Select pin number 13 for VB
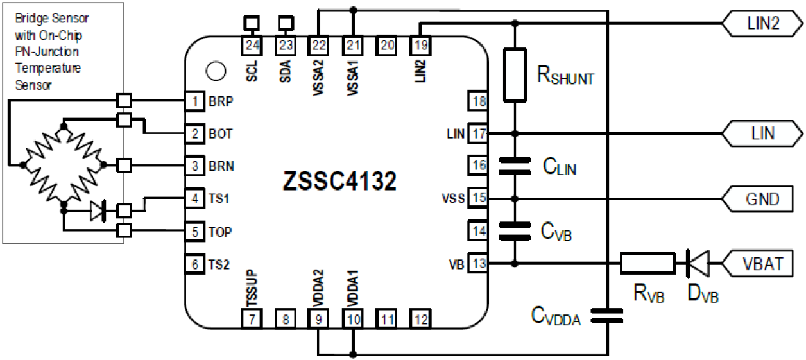click(x=478, y=262)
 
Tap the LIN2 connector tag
click(x=763, y=24)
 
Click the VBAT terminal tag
click(x=763, y=263)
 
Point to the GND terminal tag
click(x=763, y=198)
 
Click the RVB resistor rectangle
click(x=647, y=262)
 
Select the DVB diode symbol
click(x=698, y=262)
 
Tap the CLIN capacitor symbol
click(x=515, y=166)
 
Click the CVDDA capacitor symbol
click(x=607, y=314)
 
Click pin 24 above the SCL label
click(x=252, y=45)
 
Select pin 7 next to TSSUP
click(x=252, y=318)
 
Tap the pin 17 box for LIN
click(x=478, y=133)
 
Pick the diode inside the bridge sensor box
click(x=98, y=211)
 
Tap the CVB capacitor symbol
click(x=515, y=230)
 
